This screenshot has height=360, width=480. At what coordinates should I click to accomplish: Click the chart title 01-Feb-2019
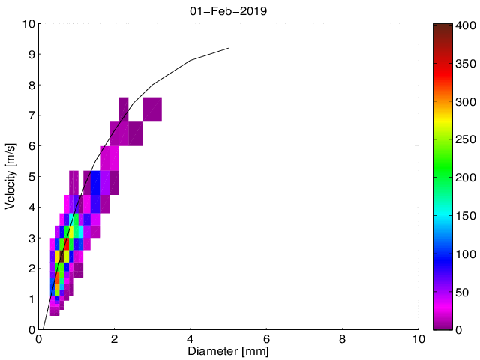229,11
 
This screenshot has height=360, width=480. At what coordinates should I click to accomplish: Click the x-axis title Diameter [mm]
229,350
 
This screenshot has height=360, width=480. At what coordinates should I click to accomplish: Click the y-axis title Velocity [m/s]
10,176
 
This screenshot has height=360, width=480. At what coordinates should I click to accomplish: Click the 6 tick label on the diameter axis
267,338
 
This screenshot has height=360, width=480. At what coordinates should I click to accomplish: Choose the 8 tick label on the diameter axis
343,338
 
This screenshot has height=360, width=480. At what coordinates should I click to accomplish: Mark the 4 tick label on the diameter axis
190,338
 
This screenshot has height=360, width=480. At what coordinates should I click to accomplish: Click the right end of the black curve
228,48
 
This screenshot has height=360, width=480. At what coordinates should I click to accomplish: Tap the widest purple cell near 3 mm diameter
152,109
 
